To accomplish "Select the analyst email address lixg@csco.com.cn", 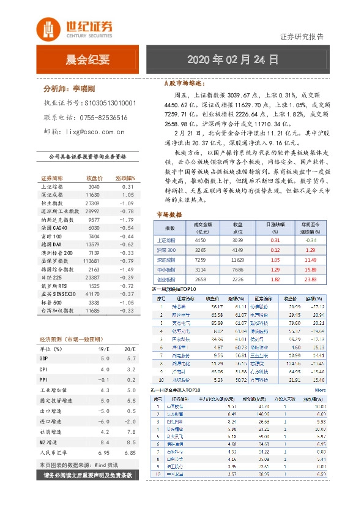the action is pyautogui.click(x=92, y=131).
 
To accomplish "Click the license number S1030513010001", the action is pyautogui.click(x=110, y=104).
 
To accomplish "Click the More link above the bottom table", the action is pyautogui.click(x=320, y=389).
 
